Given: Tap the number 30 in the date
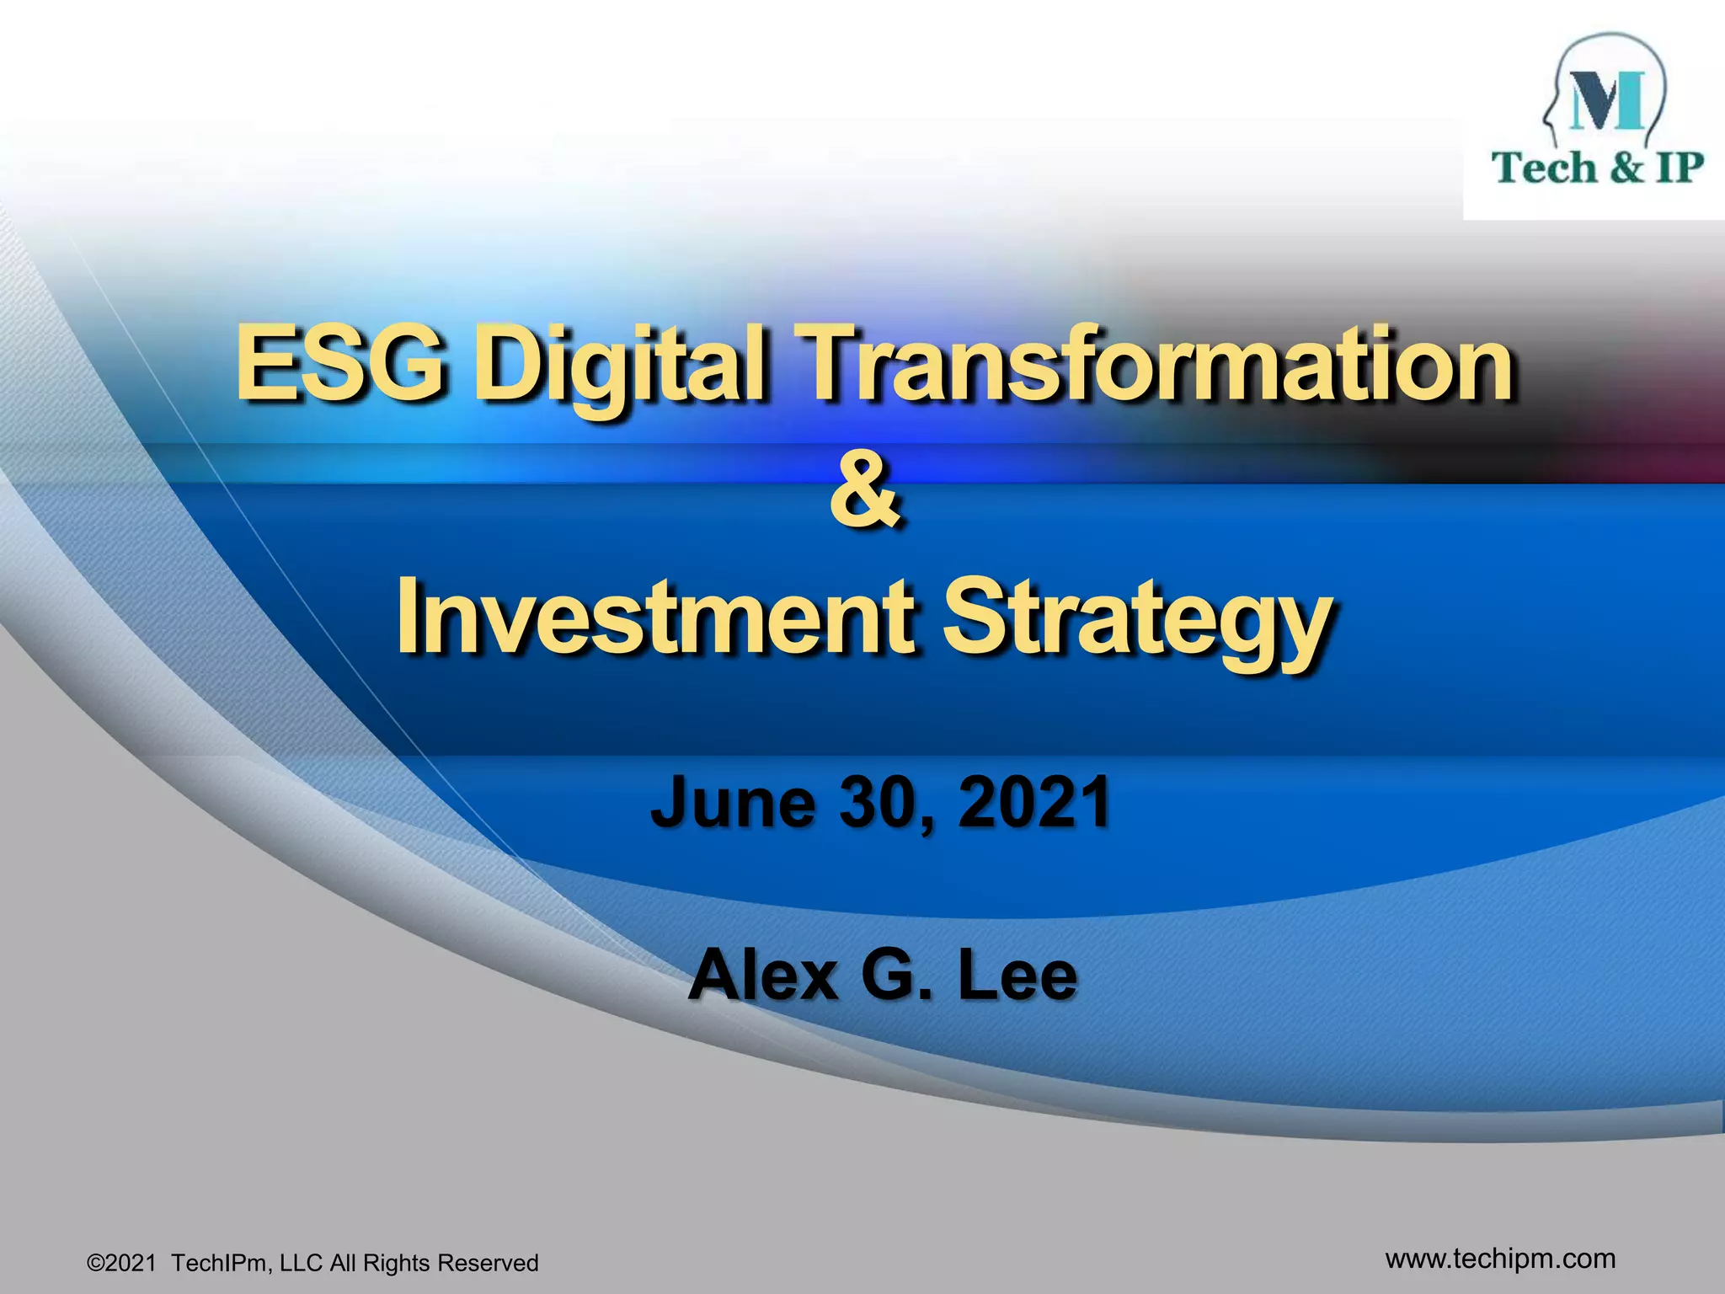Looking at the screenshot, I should [x=881, y=802].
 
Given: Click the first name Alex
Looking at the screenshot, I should [x=763, y=975].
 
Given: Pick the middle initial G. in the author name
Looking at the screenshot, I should [x=895, y=975].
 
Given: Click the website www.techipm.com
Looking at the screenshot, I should [x=1500, y=1259].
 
